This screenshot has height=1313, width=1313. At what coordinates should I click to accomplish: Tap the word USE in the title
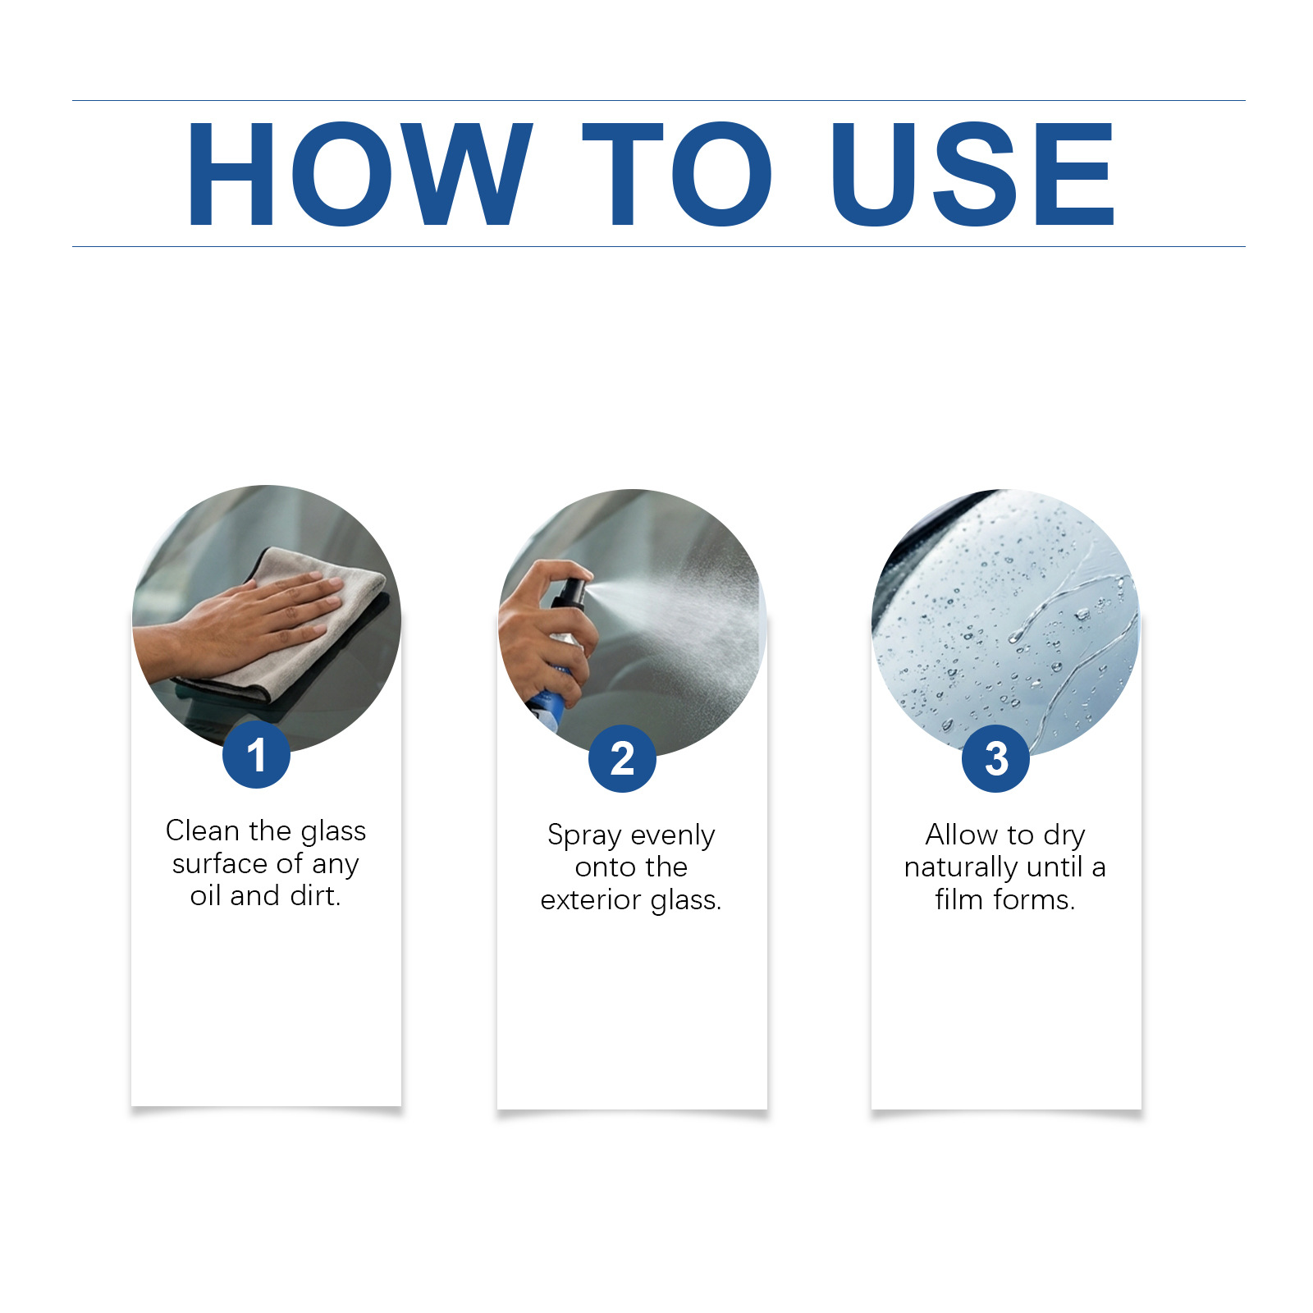[973, 173]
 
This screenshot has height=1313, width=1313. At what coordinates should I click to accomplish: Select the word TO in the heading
[678, 173]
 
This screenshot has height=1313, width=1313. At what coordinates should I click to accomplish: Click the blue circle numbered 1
[256, 755]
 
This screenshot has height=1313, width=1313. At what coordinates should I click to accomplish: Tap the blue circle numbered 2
[622, 758]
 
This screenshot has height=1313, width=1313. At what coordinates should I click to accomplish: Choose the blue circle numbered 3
[995, 758]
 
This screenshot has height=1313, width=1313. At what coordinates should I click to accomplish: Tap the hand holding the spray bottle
[546, 632]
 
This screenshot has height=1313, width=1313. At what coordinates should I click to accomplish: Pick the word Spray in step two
[584, 835]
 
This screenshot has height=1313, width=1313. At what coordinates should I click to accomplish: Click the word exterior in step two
[592, 900]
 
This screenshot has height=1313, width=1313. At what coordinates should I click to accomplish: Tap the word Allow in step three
[962, 835]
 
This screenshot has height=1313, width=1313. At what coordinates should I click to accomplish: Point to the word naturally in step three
[961, 867]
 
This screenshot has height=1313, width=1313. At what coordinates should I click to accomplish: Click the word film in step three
[958, 899]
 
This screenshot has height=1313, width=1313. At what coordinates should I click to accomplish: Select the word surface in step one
[220, 863]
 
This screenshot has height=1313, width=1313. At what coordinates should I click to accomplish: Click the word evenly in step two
[673, 835]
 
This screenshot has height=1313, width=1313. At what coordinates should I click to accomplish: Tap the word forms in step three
[1034, 899]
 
